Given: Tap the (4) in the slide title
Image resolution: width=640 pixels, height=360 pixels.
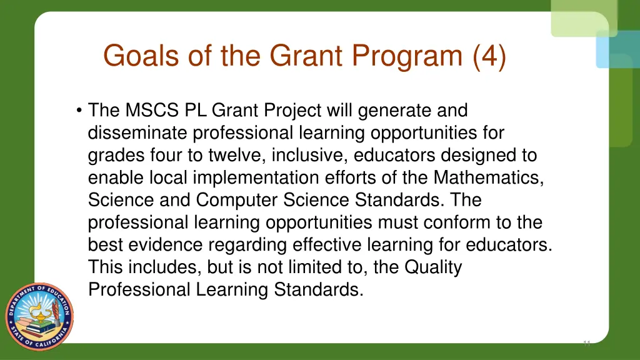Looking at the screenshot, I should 489,56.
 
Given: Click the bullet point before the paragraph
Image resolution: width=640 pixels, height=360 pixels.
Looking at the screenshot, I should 79,111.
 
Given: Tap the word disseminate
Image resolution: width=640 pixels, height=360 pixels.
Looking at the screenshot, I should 138,133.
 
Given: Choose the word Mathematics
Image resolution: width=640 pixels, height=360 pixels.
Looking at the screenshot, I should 488,178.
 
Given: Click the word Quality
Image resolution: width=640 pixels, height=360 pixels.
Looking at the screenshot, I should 433,267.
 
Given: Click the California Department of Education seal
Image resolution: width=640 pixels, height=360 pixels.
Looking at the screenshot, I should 39,316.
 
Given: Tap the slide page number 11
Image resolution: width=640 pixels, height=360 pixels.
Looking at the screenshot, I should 586,343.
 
